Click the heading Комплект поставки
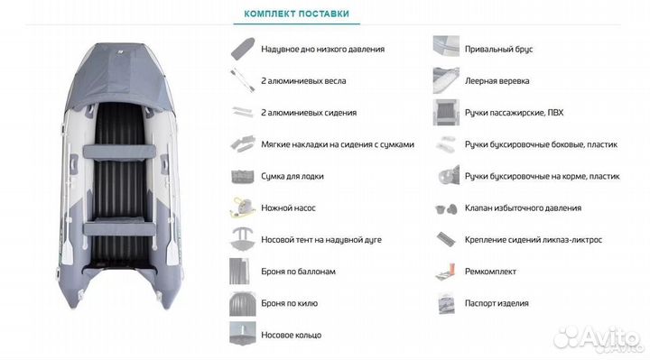(x=296, y=14)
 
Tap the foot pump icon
(x=243, y=208)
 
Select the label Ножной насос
(x=288, y=208)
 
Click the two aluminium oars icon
(x=243, y=80)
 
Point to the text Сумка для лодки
(x=292, y=177)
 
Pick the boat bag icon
(x=243, y=177)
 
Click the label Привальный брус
(x=498, y=50)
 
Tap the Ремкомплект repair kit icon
(x=446, y=272)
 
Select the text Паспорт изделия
(x=497, y=303)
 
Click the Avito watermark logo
(x=597, y=337)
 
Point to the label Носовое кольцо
(x=291, y=335)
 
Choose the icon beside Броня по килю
(x=243, y=304)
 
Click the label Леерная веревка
(x=497, y=81)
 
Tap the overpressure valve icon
(x=446, y=208)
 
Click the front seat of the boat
(x=119, y=152)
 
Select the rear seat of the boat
(x=119, y=228)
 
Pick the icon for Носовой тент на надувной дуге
(x=243, y=239)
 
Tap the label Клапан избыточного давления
(x=523, y=208)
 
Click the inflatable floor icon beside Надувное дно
(x=243, y=49)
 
